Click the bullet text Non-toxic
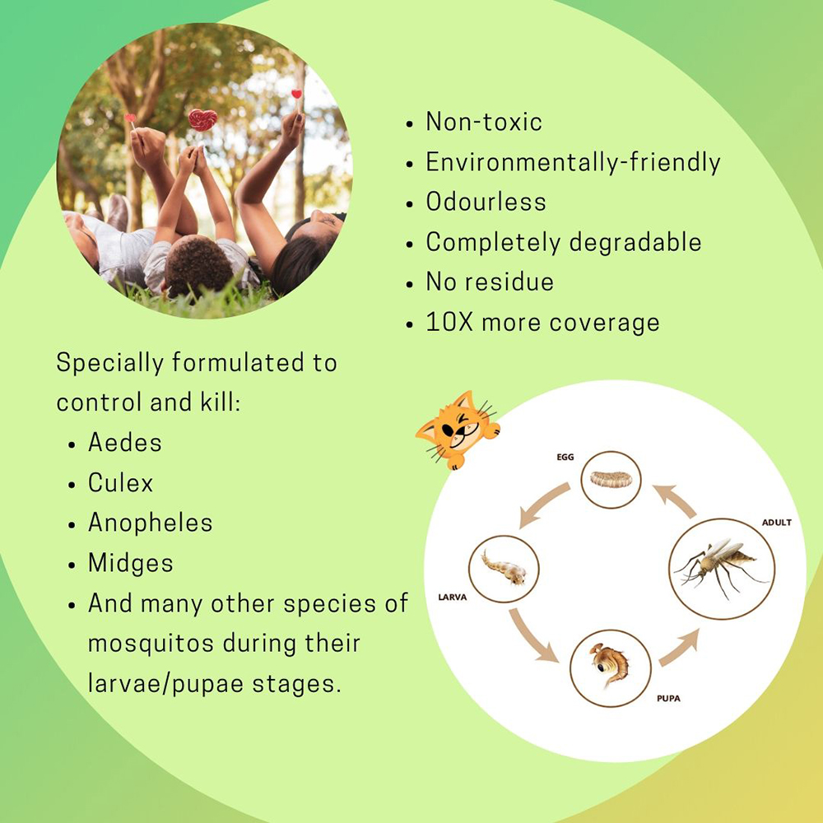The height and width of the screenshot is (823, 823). pos(483,122)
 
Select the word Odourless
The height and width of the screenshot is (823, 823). pos(486,202)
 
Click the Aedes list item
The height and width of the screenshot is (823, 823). pos(125,442)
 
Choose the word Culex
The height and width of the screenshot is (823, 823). pos(120,482)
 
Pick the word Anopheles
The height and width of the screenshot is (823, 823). pos(150,523)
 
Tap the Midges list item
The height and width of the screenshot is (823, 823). pos(131,564)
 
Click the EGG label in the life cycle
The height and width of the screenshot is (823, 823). pos(565,457)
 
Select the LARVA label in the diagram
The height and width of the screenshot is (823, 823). pos(453,597)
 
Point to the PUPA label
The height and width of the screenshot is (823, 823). pos(668,699)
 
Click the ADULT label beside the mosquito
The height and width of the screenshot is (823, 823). pos(776,523)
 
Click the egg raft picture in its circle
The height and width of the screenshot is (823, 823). pos(611,479)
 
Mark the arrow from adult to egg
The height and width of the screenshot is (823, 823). pos(676,500)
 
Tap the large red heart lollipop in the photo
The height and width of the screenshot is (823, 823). pos(202,119)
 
